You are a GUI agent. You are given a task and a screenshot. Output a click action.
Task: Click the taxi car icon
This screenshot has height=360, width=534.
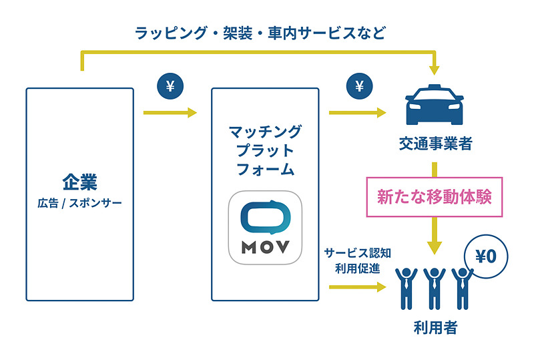pyautogui.click(x=435, y=105)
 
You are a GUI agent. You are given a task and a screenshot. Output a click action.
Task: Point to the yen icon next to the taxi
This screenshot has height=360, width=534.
pyautogui.click(x=360, y=86)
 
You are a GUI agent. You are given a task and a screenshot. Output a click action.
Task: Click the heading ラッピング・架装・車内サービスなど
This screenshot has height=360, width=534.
pyautogui.click(x=260, y=31)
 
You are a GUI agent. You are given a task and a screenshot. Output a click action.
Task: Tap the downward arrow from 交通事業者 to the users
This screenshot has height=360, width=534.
pyautogui.click(x=435, y=237)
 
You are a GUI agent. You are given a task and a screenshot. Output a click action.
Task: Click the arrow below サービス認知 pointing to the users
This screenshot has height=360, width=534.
pyautogui.click(x=358, y=287)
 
